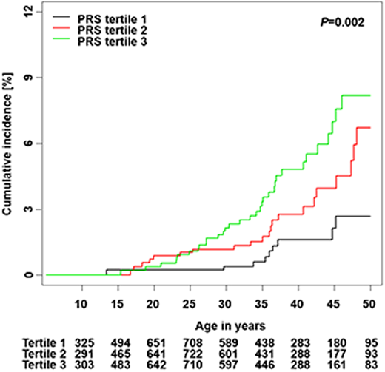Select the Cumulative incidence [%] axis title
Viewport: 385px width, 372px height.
tap(9, 144)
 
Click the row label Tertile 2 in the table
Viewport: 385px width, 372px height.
tap(22, 354)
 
